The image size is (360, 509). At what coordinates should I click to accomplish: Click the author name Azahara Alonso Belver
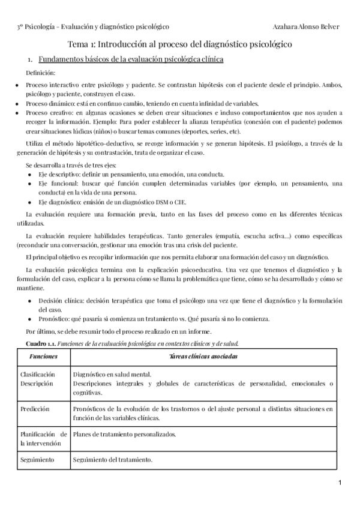[305, 26]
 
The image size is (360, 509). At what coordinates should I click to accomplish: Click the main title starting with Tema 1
[179, 44]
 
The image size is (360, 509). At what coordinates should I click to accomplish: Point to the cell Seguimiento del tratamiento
[112, 460]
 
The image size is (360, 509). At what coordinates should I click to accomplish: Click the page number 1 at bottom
[340, 483]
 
